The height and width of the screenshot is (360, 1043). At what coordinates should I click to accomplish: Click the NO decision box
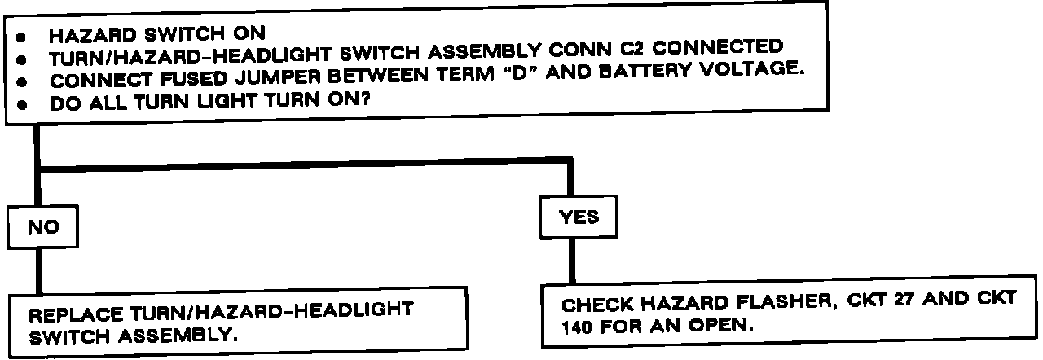(x=43, y=229)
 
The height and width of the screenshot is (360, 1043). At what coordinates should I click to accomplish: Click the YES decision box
(x=579, y=217)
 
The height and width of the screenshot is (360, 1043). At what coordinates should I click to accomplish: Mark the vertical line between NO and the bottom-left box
(x=37, y=269)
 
